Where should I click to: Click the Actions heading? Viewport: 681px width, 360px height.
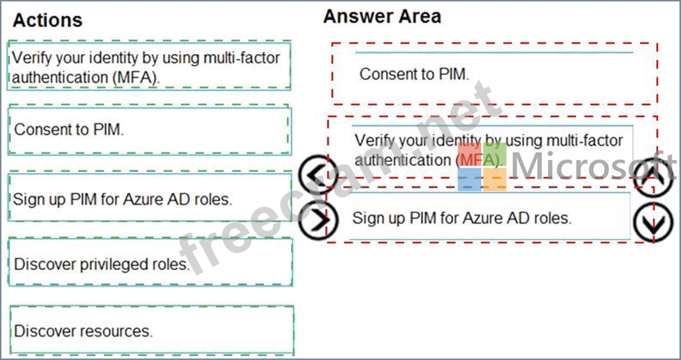coord(47,20)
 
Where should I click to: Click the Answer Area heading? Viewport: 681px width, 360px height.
coord(382,17)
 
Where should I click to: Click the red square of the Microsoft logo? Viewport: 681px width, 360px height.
coord(469,154)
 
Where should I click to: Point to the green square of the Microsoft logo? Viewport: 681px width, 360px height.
coord(495,154)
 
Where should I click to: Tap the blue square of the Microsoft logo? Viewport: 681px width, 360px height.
coord(469,179)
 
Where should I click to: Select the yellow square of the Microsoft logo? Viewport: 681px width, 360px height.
coord(495,179)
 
